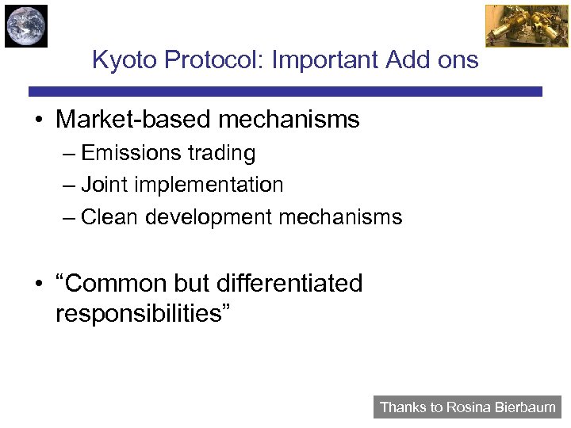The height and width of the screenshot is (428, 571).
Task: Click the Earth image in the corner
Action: (26, 26)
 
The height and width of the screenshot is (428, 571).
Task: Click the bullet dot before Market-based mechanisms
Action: (37, 121)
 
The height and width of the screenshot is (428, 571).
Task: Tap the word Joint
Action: (102, 185)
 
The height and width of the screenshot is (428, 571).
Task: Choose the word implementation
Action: (206, 185)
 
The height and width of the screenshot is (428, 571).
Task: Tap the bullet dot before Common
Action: (37, 284)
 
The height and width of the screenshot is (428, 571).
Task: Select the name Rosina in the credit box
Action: (470, 407)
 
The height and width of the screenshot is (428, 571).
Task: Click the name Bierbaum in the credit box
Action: (526, 407)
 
